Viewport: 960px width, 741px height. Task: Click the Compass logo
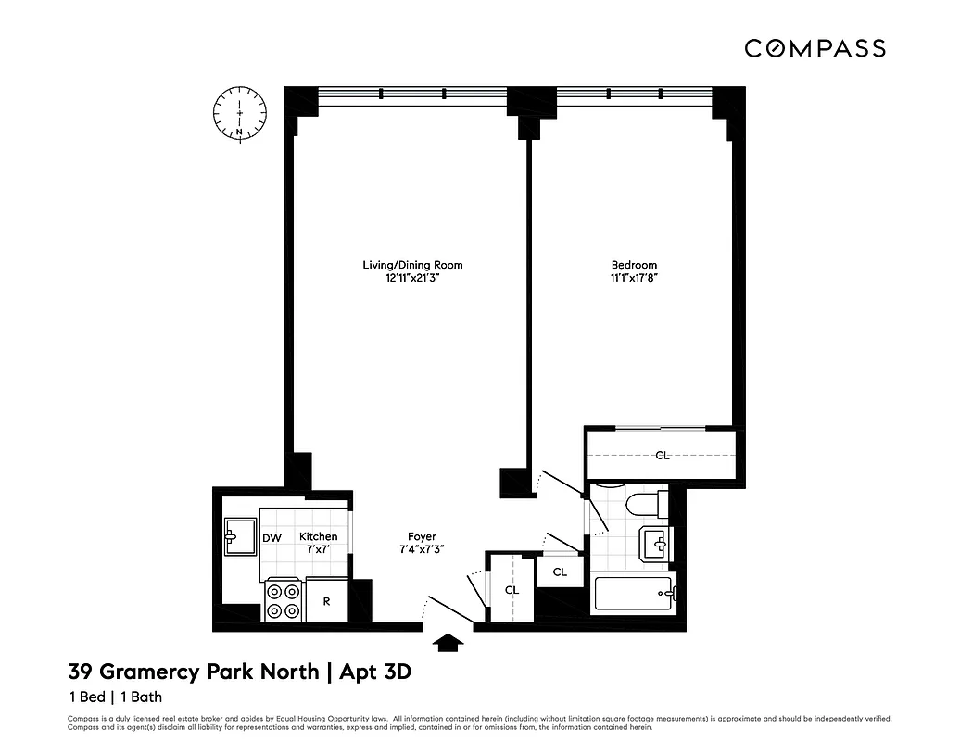[x=815, y=48]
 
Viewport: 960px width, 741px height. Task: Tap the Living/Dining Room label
[x=412, y=265]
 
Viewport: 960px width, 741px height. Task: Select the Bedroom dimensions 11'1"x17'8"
[x=634, y=277]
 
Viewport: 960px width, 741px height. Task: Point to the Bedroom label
[x=634, y=265]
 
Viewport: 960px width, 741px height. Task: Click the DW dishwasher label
[x=272, y=537]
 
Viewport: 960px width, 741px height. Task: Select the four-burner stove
[x=284, y=599]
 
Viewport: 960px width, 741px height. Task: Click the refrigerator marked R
[x=326, y=600]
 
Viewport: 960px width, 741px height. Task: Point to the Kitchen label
[x=318, y=536]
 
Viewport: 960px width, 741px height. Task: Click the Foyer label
[x=422, y=536]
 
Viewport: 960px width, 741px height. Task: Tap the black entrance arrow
[x=449, y=642]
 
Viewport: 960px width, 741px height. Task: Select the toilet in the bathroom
[x=641, y=504]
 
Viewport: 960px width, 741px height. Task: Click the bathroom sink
[x=655, y=543]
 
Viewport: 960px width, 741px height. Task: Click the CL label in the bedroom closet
[x=662, y=455]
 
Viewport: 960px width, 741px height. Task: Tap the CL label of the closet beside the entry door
[x=512, y=589]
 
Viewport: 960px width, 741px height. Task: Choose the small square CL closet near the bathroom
[x=560, y=571]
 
